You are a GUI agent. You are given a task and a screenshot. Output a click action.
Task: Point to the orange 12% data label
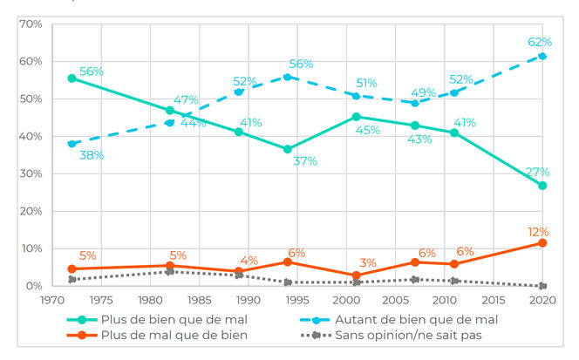pyautogui.click(x=538, y=232)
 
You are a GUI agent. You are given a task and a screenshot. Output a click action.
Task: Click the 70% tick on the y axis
pyautogui.click(x=30, y=24)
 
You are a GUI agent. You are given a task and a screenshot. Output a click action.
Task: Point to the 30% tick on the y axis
pyautogui.click(x=30, y=173)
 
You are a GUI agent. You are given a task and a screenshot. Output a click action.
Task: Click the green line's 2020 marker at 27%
pyautogui.click(x=542, y=186)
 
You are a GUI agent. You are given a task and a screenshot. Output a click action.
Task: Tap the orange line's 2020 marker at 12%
pyautogui.click(x=542, y=242)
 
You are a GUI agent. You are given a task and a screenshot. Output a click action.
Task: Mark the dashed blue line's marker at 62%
pyautogui.click(x=542, y=56)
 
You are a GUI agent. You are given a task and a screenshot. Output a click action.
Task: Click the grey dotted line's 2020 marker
pyautogui.click(x=542, y=286)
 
